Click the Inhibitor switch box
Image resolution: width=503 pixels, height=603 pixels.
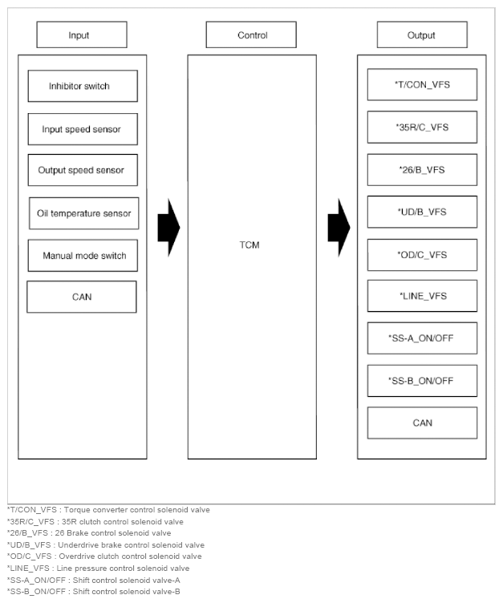click(x=82, y=86)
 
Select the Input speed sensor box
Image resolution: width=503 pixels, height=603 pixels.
click(x=82, y=128)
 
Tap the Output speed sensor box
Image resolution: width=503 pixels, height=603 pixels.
click(x=82, y=170)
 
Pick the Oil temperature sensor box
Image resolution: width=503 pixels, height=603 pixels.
click(x=83, y=213)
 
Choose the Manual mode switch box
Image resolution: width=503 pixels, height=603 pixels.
click(x=83, y=255)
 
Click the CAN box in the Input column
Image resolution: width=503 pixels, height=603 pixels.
click(x=82, y=297)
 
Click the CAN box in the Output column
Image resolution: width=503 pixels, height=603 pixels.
click(x=422, y=423)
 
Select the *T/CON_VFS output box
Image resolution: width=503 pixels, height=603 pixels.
click(x=422, y=84)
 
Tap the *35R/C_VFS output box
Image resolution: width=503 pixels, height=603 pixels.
click(x=422, y=127)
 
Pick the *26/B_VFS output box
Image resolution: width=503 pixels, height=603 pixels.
click(x=422, y=169)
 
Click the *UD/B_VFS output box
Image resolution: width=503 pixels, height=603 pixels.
click(x=422, y=212)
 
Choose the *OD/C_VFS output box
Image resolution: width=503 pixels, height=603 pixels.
click(x=422, y=254)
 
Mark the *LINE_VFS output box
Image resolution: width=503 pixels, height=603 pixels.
click(x=422, y=296)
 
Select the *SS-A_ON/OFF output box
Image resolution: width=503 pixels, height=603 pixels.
click(x=422, y=338)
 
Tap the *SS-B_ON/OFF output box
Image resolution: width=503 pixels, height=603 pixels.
click(x=422, y=380)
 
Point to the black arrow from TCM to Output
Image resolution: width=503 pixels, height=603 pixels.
click(x=339, y=228)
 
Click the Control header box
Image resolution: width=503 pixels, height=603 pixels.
click(x=252, y=35)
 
